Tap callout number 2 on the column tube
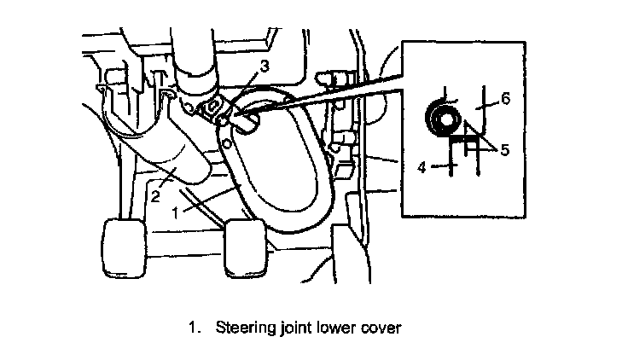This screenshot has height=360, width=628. pyautogui.click(x=156, y=196)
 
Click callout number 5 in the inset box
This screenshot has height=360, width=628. pyautogui.click(x=503, y=150)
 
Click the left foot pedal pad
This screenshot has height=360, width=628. pyautogui.click(x=123, y=247)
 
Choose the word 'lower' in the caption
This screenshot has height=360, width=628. pyautogui.click(x=335, y=327)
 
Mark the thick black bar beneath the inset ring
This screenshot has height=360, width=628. pyautogui.click(x=462, y=137)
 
